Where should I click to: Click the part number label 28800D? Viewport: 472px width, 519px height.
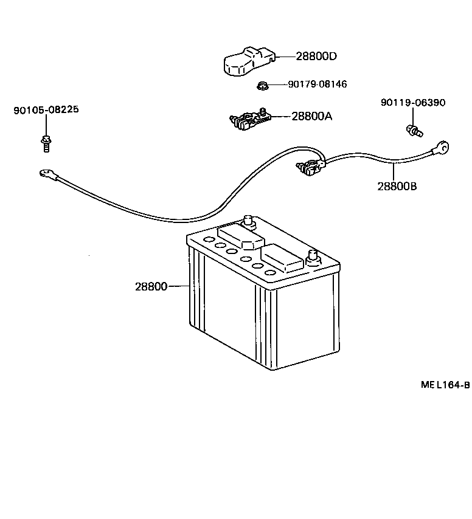tap(316, 57)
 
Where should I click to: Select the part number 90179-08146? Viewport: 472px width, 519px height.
tap(317, 84)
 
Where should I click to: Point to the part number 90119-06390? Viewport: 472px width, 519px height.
tap(412, 103)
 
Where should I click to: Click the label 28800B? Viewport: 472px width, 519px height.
tap(397, 186)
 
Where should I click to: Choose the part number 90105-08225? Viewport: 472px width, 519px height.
tap(46, 110)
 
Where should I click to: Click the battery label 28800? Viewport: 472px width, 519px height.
tap(151, 286)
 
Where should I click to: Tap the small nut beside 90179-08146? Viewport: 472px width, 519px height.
tap(262, 85)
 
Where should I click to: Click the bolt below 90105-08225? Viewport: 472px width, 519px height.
tap(46, 142)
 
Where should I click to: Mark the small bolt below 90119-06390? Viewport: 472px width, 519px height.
tap(414, 129)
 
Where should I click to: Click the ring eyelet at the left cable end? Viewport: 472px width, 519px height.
tap(46, 174)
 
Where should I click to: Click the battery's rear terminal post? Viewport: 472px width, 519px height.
tap(248, 221)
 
